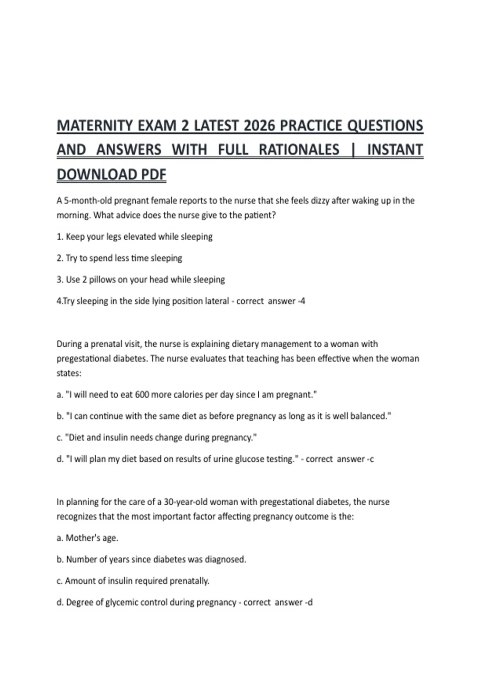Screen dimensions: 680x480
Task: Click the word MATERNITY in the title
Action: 95,126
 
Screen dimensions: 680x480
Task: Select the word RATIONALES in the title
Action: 299,150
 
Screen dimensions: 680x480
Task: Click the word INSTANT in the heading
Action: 395,150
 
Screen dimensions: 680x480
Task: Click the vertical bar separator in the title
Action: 353,150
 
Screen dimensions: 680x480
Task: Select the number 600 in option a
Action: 142,395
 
